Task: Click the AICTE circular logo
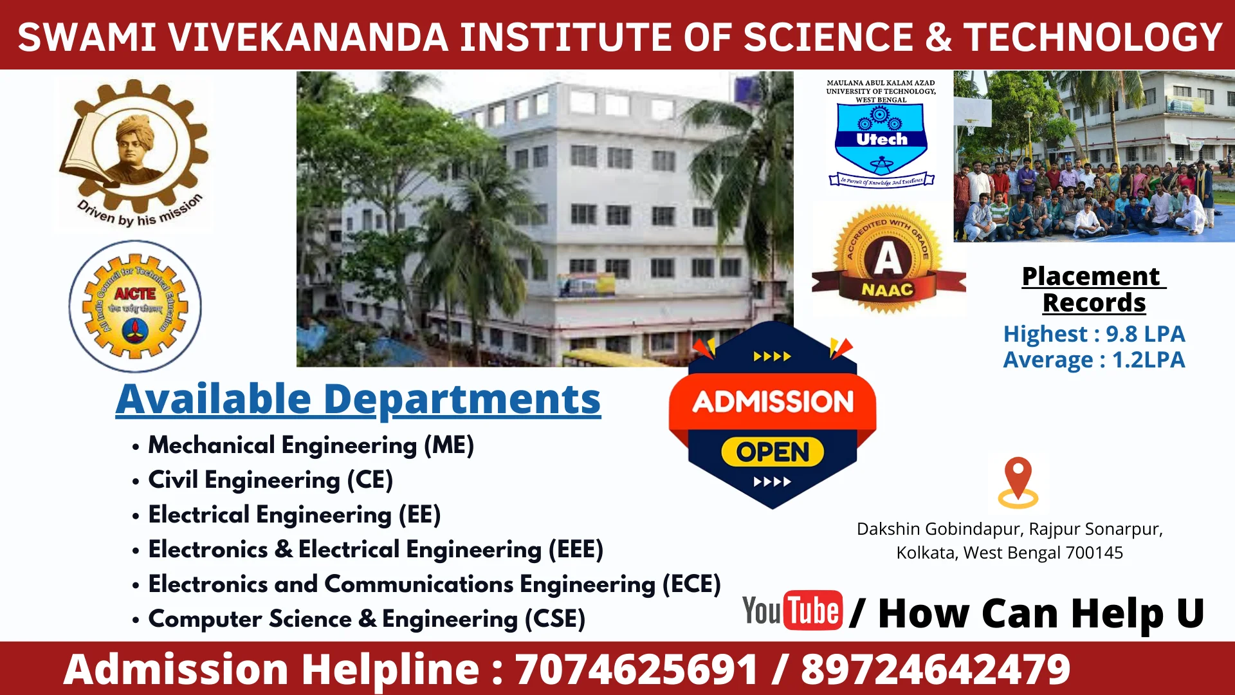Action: point(135,307)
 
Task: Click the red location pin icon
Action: point(1018,481)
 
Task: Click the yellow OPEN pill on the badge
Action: point(773,452)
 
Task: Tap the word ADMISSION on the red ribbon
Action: point(773,402)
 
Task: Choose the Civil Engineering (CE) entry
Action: point(270,480)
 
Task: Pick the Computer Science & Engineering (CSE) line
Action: point(367,619)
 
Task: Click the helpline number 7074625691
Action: point(636,669)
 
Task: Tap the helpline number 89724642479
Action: point(935,669)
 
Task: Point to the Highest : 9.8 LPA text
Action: point(1093,334)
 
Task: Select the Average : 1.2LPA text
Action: point(1093,360)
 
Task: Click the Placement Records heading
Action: point(1093,290)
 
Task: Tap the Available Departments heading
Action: point(358,400)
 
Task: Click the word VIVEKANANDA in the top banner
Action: point(308,37)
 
